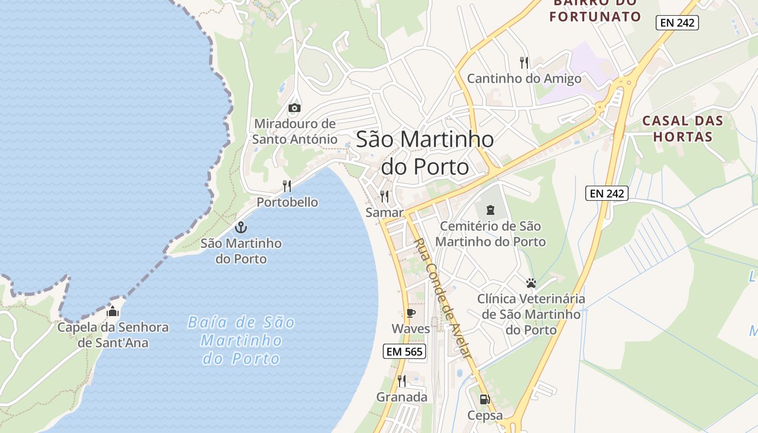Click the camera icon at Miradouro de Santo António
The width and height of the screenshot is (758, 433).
(295, 108)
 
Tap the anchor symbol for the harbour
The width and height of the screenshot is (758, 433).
(241, 227)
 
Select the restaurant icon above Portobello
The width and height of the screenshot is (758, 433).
(287, 186)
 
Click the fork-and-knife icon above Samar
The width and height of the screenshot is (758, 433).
(384, 196)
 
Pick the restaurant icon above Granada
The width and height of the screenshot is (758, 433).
(402, 381)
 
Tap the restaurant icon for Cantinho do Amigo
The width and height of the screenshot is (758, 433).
(524, 63)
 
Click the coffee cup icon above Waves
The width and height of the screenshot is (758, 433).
(410, 313)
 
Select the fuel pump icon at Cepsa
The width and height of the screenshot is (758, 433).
(485, 399)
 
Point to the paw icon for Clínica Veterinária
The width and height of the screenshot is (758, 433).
(531, 283)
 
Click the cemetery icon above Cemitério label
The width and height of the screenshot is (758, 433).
(491, 209)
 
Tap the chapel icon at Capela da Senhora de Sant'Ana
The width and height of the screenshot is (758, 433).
(113, 311)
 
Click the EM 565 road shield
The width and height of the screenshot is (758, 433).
(404, 351)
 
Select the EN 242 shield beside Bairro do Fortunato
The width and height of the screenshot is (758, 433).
(677, 23)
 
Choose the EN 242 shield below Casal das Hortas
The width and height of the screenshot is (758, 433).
(606, 193)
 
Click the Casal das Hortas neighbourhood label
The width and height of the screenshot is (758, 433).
(682, 128)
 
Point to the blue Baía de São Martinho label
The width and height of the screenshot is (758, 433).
(241, 340)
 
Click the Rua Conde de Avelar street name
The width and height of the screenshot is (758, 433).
(442, 298)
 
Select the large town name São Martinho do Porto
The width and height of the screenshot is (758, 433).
(425, 153)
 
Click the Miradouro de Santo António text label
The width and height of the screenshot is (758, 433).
(295, 132)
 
